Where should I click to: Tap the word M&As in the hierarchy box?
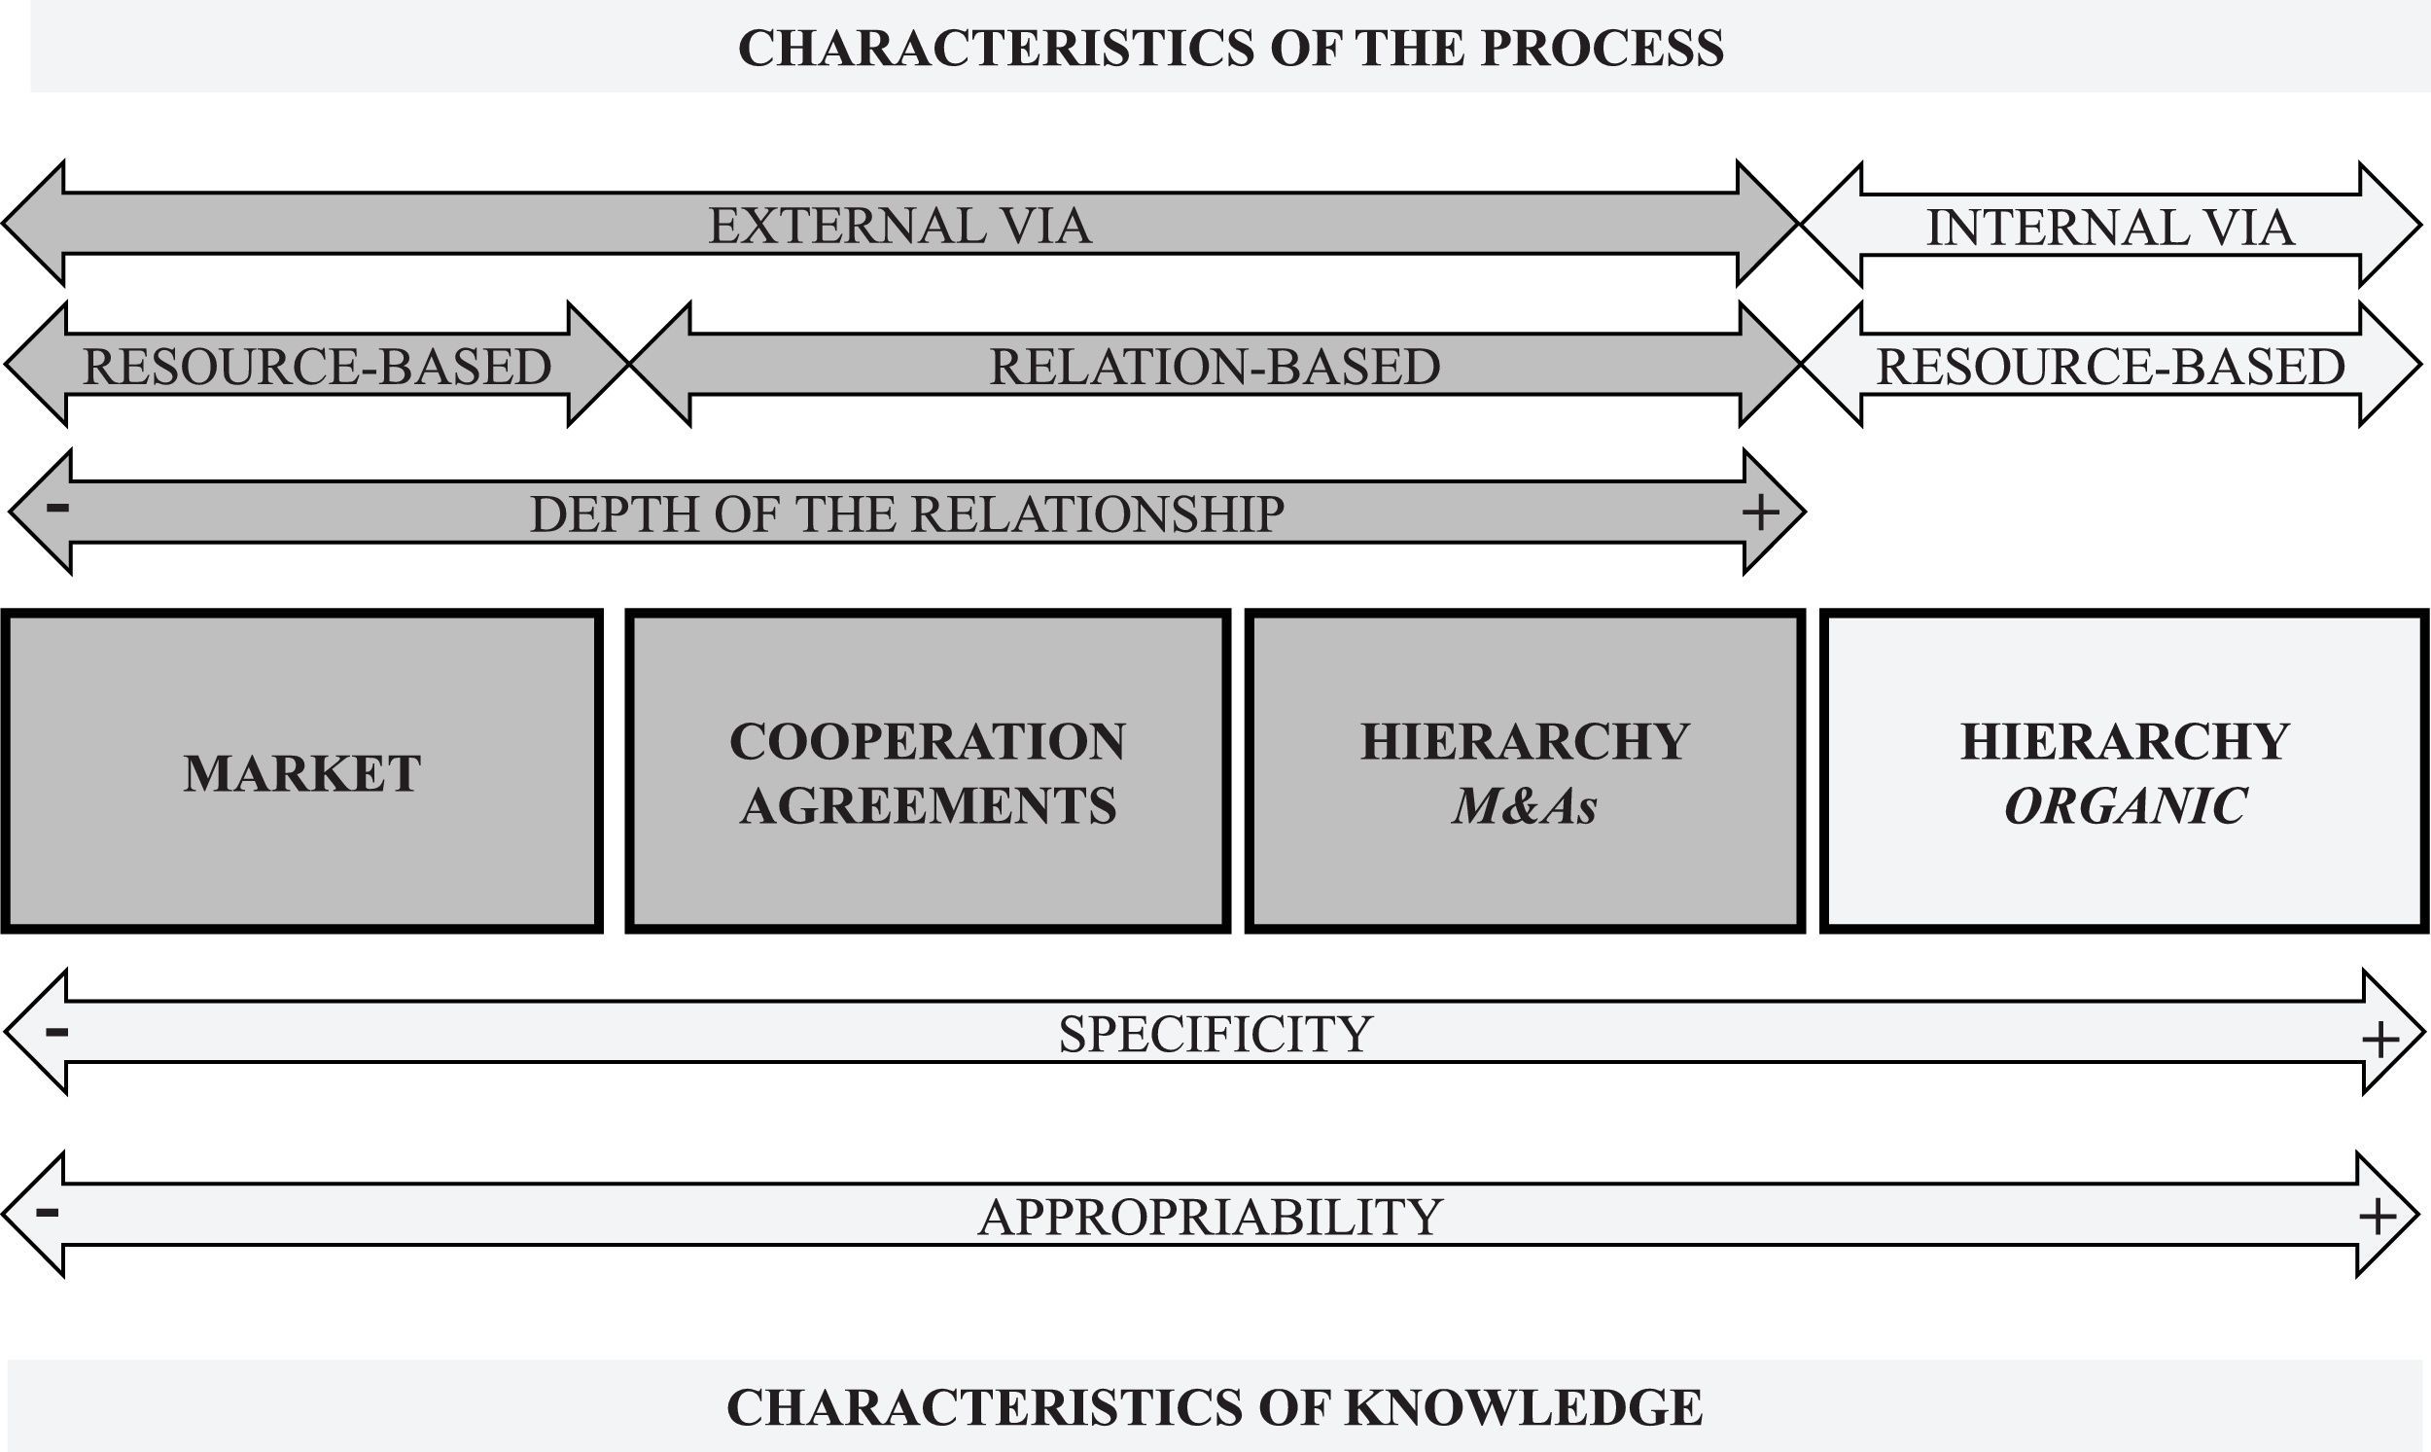[1524, 807]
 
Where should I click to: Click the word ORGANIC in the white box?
[2125, 807]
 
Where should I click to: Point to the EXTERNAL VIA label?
[899, 226]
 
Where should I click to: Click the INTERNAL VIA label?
[2109, 228]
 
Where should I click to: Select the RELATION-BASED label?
[1214, 367]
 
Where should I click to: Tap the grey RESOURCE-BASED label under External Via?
[316, 367]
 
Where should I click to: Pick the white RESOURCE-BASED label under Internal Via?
[2110, 367]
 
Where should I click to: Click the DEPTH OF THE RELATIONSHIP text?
[906, 514]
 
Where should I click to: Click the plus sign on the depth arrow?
[1760, 513]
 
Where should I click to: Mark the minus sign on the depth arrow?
[57, 507]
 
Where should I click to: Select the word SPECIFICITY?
[1215, 1034]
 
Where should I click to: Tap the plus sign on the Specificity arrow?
[2379, 1040]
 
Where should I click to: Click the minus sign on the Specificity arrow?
[55, 1031]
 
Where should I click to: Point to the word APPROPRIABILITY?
[1210, 1218]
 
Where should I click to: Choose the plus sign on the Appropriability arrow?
[2378, 1218]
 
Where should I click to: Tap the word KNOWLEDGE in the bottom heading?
[1523, 1407]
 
